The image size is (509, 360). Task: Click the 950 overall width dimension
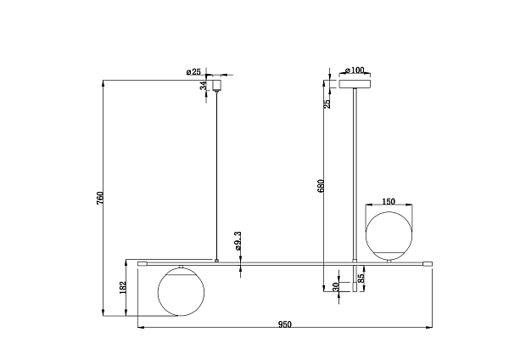tap(285, 324)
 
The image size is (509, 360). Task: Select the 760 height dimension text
tap(100, 198)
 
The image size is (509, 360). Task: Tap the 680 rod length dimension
tap(321, 186)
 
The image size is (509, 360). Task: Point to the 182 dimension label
tap(123, 288)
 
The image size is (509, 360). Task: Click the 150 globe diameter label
tap(389, 202)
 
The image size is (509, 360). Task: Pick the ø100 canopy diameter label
tap(354, 70)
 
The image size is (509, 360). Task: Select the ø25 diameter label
tap(193, 72)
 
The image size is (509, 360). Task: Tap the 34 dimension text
tap(203, 86)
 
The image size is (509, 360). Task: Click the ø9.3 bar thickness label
tap(238, 241)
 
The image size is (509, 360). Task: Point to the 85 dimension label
tap(361, 278)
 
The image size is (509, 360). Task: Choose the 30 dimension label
tap(336, 287)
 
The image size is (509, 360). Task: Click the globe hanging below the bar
tap(181, 292)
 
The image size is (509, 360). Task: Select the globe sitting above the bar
tap(389, 235)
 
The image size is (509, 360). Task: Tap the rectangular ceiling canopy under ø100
tap(355, 84)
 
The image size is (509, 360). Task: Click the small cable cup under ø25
tap(216, 85)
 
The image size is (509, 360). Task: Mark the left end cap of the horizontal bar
tap(143, 264)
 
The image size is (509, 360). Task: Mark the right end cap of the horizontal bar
tap(428, 264)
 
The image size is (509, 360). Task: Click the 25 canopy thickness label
tap(327, 104)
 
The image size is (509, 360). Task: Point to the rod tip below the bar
tap(355, 287)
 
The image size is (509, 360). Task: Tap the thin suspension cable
tap(216, 176)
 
